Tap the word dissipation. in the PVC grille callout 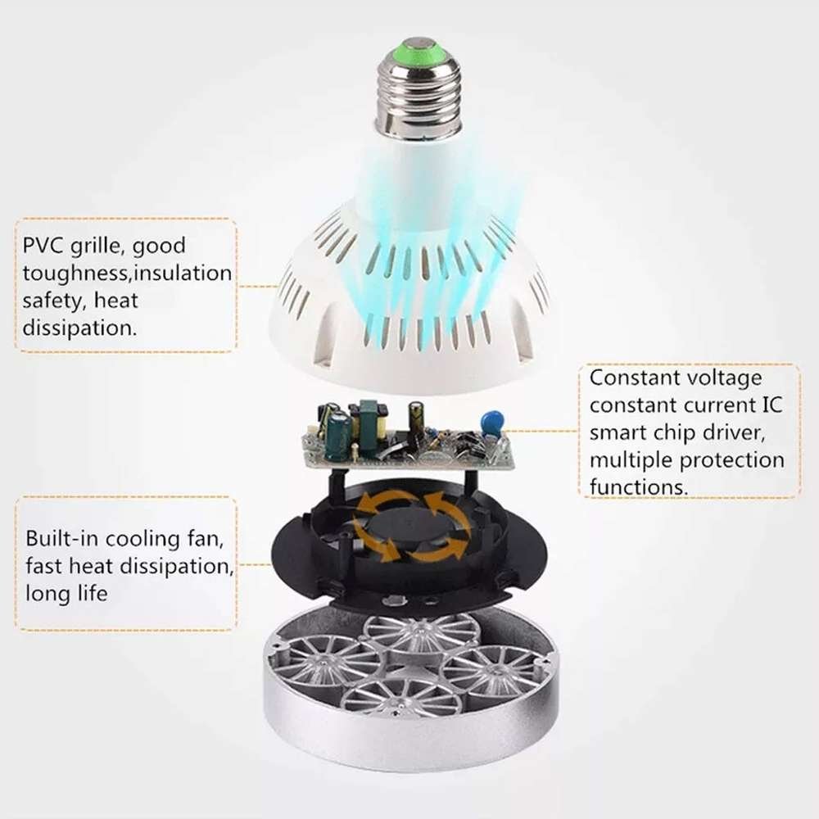tap(79, 328)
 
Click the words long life tap(66, 592)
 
